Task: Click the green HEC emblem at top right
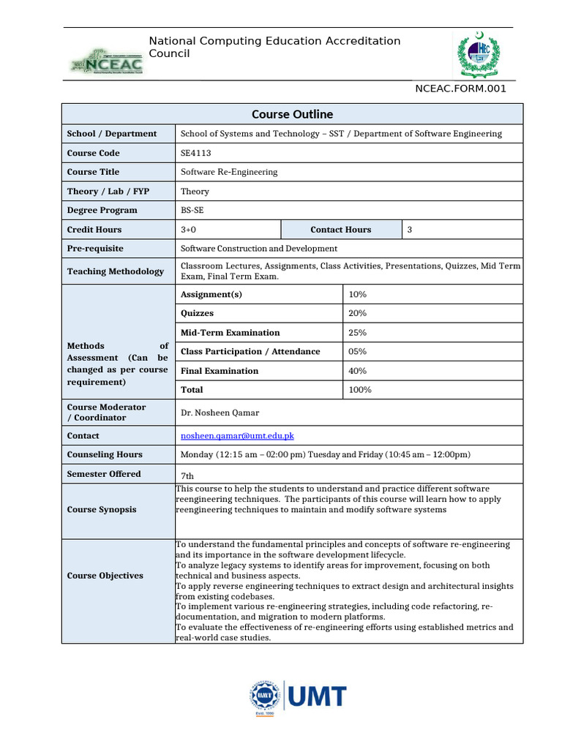(480, 55)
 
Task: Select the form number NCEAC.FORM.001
(460, 89)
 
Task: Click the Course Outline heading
(292, 114)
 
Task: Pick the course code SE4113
(192, 153)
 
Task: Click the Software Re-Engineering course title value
(229, 172)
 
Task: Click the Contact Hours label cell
(340, 230)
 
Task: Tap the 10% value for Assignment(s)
(358, 294)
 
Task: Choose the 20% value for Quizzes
(358, 313)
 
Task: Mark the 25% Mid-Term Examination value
(358, 332)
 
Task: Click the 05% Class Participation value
(358, 351)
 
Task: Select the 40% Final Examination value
(358, 371)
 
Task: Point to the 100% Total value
(360, 390)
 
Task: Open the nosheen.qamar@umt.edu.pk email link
(237, 436)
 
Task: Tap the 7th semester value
(189, 475)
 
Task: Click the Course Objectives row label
(105, 576)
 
